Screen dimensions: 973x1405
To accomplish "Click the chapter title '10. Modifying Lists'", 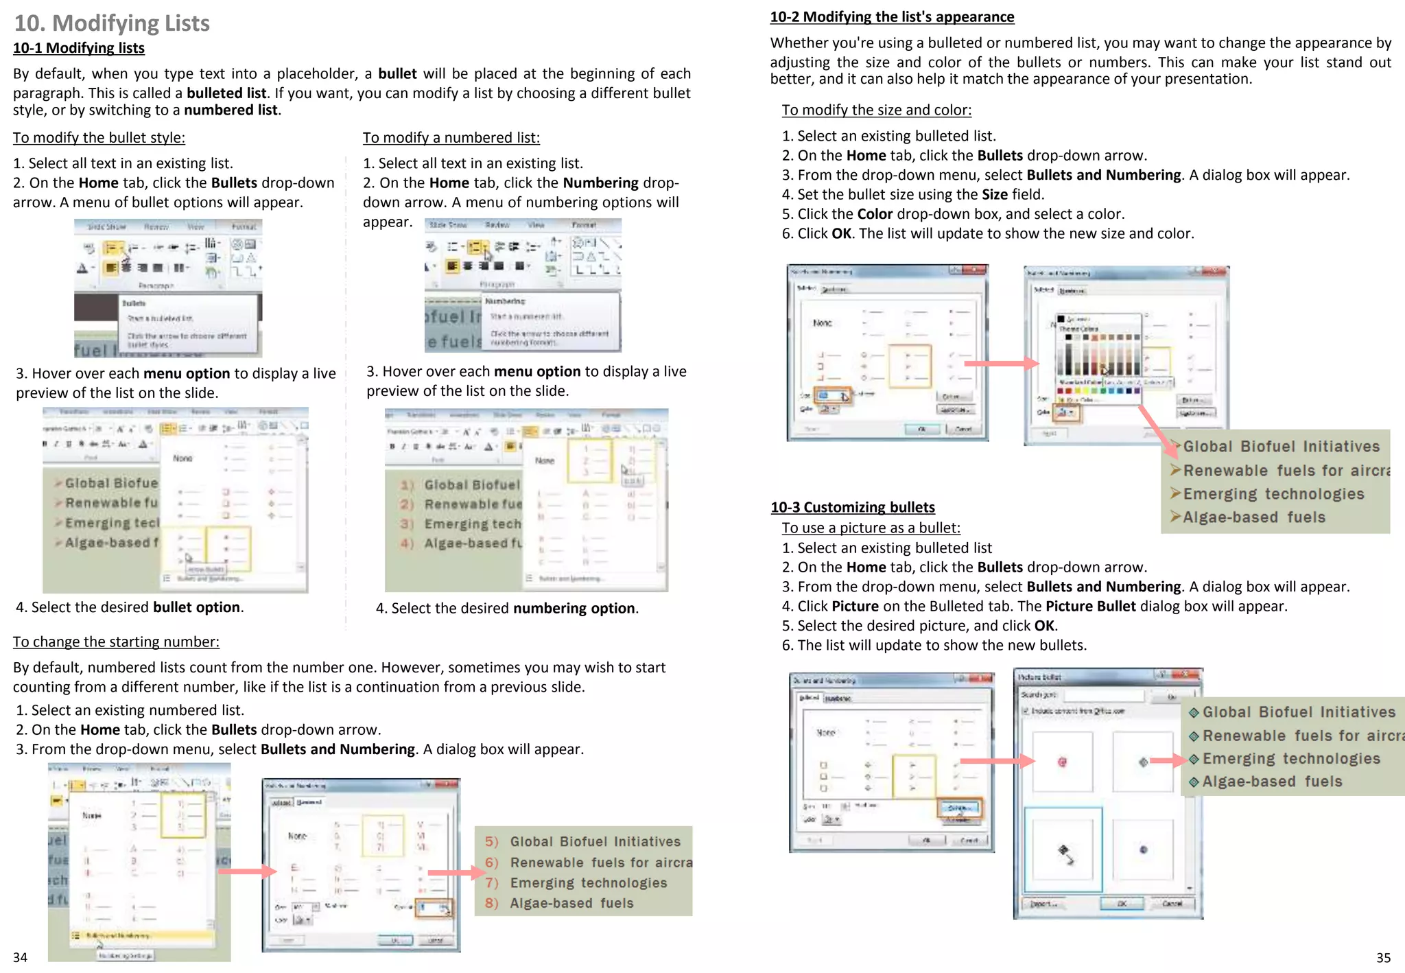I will pos(112,23).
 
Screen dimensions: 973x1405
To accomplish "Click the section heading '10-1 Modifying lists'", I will pos(79,48).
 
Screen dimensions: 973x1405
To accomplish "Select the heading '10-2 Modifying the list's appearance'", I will pos(892,16).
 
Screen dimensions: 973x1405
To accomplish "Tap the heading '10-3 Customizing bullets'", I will pos(852,507).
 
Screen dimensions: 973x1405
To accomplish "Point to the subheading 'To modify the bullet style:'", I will pos(99,137).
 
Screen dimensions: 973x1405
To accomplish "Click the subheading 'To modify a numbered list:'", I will pos(451,137).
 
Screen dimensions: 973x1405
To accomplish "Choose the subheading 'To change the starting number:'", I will pos(116,642).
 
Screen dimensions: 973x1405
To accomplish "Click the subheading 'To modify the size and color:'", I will pos(876,110).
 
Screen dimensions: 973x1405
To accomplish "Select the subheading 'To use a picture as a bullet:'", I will pos(871,528).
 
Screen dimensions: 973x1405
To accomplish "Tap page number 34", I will pos(20,957).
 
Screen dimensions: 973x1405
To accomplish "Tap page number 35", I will pos(1383,957).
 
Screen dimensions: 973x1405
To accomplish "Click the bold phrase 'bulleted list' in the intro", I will pos(226,93).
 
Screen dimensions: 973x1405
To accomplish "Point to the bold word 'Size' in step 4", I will pos(994,194).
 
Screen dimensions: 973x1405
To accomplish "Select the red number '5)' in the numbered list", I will pos(491,842).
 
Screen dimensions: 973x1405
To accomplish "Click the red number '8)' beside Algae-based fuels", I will pos(491,903).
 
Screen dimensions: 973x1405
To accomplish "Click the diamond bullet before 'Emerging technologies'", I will pos(1194,759).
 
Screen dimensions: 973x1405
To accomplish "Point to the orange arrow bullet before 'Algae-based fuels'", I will pos(1175,517).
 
